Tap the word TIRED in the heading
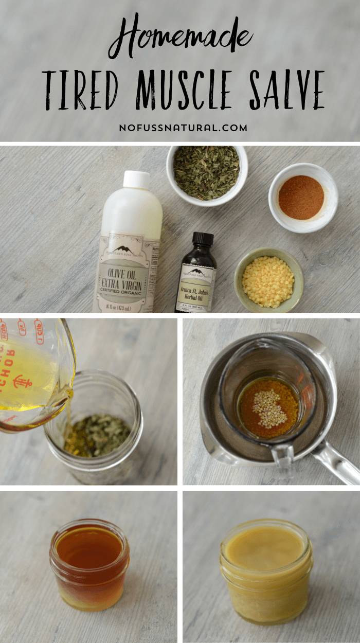coord(80,90)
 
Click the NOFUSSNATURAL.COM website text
coord(183,128)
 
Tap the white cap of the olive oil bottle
coord(136,180)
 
